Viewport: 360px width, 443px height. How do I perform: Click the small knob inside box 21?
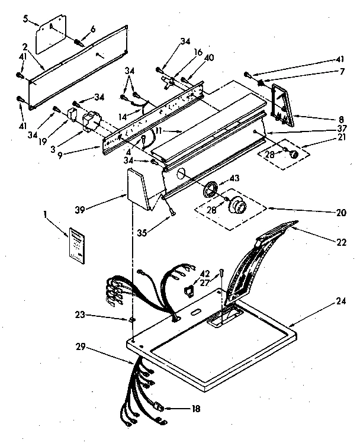pyautogui.click(x=292, y=153)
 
